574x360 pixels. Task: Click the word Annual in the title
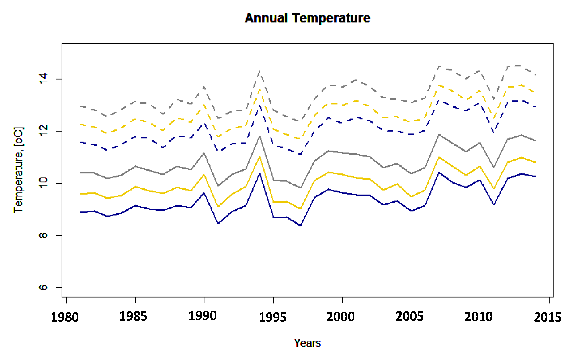[x=266, y=18]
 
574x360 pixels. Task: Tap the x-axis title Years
[x=307, y=343]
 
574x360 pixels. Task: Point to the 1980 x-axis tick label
[x=65, y=317]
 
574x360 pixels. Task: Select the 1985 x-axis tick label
[x=133, y=317]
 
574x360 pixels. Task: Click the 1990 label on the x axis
[x=203, y=316]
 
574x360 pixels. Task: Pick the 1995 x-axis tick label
[x=272, y=317]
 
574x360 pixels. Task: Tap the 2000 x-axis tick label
[x=341, y=317]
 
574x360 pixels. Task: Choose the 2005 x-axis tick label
[x=409, y=317]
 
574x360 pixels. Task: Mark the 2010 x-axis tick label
[x=478, y=317]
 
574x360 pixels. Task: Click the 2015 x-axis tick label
[x=547, y=317]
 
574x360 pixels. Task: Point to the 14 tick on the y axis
[x=43, y=78]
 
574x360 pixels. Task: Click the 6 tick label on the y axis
[x=43, y=287]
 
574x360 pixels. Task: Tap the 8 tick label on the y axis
[x=43, y=235]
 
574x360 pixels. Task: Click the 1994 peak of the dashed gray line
[x=260, y=71]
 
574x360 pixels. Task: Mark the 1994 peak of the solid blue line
[x=259, y=174]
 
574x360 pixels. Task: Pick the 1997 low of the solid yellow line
[x=300, y=209]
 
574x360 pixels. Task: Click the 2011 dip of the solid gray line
[x=494, y=167]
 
